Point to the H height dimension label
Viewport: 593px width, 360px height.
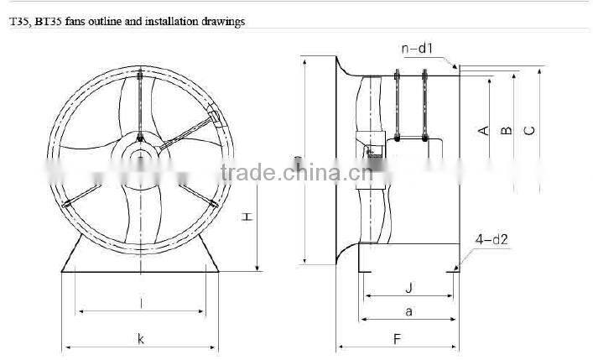(247, 217)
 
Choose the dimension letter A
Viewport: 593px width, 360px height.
(482, 130)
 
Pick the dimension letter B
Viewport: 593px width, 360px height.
(505, 130)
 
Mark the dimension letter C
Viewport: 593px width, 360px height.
(528, 130)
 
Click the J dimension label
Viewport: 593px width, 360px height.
(408, 288)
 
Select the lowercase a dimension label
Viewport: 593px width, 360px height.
(408, 311)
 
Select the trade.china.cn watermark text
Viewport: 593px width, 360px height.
(289, 174)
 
